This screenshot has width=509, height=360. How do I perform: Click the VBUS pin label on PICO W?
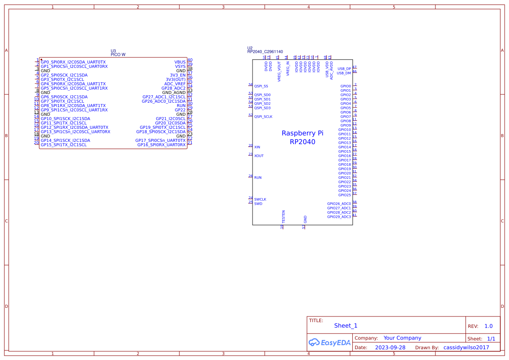[x=180, y=62]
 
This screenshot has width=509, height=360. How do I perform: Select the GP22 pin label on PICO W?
[x=180, y=110]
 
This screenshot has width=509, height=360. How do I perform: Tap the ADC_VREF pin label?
[x=175, y=84]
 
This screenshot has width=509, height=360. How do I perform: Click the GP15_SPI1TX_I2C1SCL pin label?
[x=64, y=145]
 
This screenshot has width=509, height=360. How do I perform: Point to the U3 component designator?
[x=113, y=51]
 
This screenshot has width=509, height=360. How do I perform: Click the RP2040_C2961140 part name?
[x=265, y=52]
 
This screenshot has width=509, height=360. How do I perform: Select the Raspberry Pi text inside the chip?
[x=302, y=133]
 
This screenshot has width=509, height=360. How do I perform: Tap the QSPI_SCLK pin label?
[x=263, y=117]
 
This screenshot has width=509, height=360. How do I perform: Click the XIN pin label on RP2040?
[x=257, y=147]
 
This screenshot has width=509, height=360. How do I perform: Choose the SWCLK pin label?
[x=260, y=199]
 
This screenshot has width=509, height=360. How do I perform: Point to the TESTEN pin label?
[x=283, y=217]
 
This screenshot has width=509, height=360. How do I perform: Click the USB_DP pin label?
[x=344, y=69]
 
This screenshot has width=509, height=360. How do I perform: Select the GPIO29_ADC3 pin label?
[x=339, y=217]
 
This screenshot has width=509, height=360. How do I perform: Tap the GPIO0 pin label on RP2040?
[x=345, y=86]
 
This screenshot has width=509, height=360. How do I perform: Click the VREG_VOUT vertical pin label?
[x=279, y=71]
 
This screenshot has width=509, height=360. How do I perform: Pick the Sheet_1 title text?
[x=345, y=326]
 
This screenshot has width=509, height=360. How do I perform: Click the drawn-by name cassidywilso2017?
[x=466, y=348]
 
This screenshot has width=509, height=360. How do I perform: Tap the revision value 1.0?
[x=488, y=326]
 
